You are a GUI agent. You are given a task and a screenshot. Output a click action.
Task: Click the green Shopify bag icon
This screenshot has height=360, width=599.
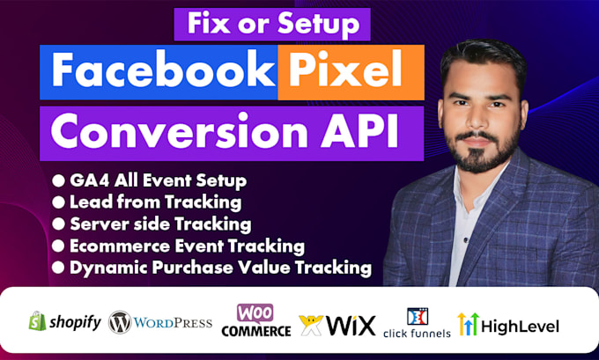[x=37, y=321]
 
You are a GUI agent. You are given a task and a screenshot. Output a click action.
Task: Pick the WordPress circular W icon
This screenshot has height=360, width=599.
[x=120, y=322]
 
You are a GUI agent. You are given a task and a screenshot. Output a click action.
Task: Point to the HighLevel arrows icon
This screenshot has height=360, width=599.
[x=467, y=323]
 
